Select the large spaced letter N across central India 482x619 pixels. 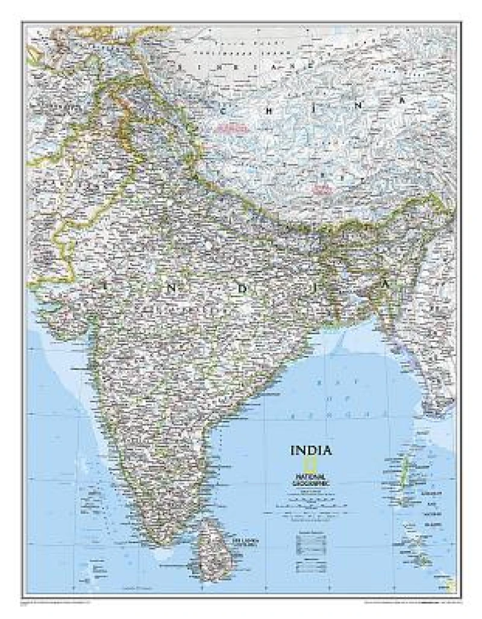pyautogui.click(x=172, y=288)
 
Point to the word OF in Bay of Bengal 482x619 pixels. pyautogui.click(x=331, y=399)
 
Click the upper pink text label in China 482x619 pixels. pyautogui.click(x=233, y=128)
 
